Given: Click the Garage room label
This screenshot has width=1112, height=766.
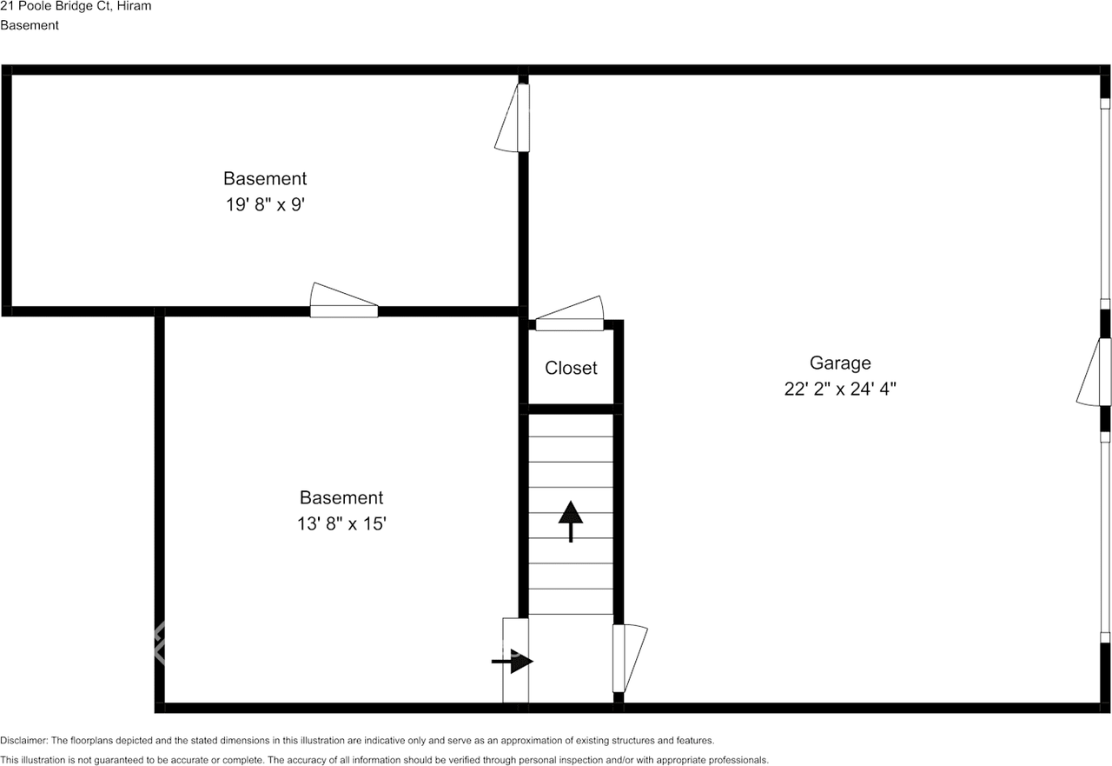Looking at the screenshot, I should [839, 363].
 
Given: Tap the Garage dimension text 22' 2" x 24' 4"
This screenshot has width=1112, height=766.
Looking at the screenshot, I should [839, 390].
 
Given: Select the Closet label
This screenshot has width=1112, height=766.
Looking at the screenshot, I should [571, 368].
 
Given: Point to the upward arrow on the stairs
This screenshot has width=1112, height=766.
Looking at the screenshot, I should [571, 520].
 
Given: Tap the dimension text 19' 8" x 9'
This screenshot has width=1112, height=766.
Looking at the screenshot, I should [265, 205].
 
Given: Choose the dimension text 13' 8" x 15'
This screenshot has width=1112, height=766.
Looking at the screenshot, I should [341, 524].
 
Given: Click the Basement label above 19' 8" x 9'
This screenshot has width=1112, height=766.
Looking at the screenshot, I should [265, 178].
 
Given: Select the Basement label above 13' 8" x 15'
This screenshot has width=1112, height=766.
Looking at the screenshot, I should [341, 497].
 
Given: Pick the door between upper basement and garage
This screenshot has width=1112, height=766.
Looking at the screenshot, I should [516, 117].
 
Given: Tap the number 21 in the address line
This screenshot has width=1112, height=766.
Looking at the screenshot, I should [7, 6].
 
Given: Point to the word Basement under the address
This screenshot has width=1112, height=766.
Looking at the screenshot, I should [30, 25].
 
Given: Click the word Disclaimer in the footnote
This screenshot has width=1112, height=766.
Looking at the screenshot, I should [24, 741].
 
